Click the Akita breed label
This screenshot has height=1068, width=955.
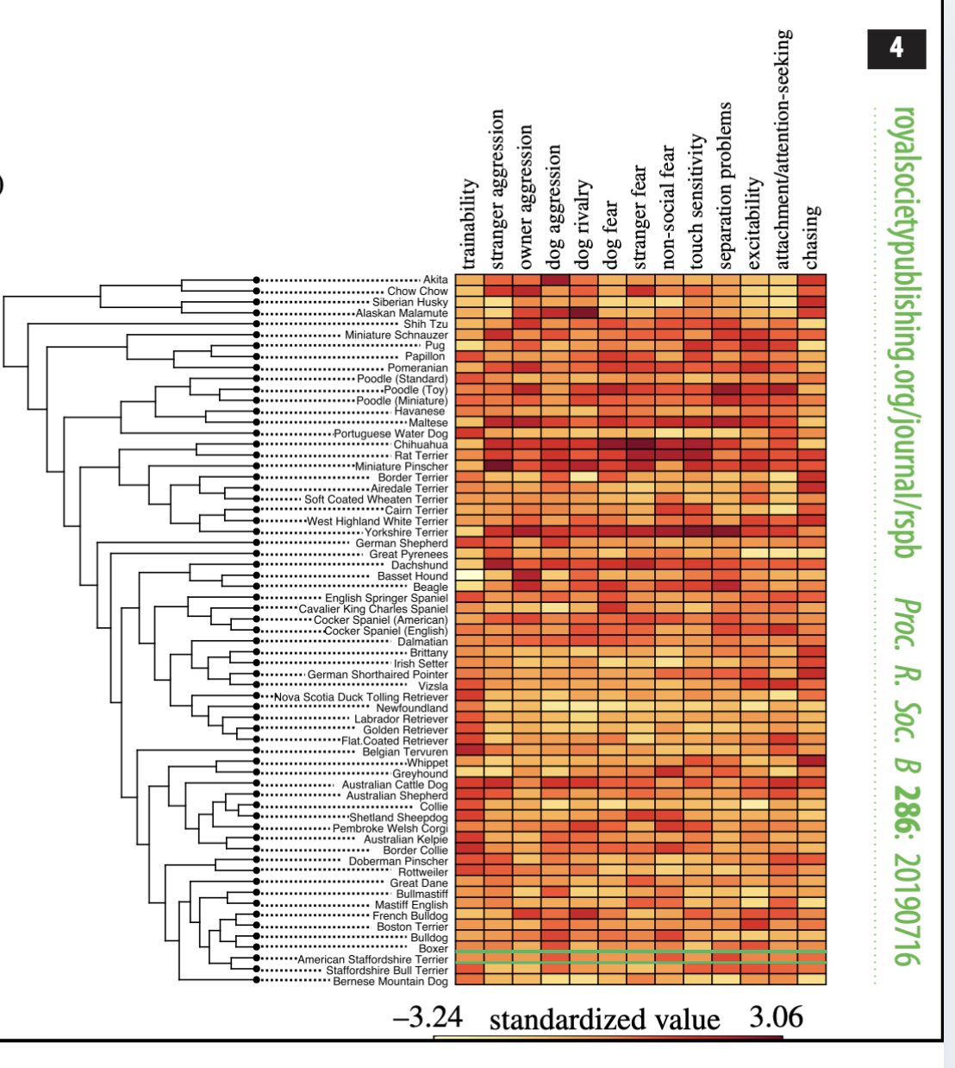coord(435,280)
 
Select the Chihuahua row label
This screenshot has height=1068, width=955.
coord(421,444)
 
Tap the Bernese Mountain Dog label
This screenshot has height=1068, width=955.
coord(390,982)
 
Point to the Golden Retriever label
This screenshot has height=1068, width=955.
coord(405,730)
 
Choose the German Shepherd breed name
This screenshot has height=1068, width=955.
coord(402,543)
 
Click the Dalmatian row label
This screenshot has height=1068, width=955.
coord(422,642)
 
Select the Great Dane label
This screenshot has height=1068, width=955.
coord(419,883)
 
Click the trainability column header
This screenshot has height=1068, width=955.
coord(469,224)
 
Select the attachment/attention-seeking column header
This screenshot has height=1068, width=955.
coord(783,149)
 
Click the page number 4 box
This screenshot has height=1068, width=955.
coord(896,48)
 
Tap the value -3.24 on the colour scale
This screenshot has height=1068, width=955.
coord(428,1018)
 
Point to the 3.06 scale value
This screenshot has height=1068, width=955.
coord(776,1018)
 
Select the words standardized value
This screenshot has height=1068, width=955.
coord(604,1020)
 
